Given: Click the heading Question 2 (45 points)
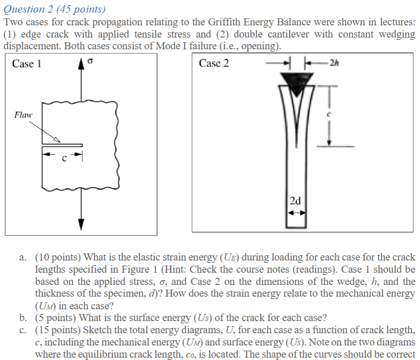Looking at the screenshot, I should point(54,9).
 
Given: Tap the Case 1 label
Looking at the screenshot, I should point(27,64).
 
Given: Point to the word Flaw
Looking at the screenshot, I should point(23,114).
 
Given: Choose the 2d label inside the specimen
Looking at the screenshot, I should point(296,201).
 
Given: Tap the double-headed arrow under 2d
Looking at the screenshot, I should point(296,212).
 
